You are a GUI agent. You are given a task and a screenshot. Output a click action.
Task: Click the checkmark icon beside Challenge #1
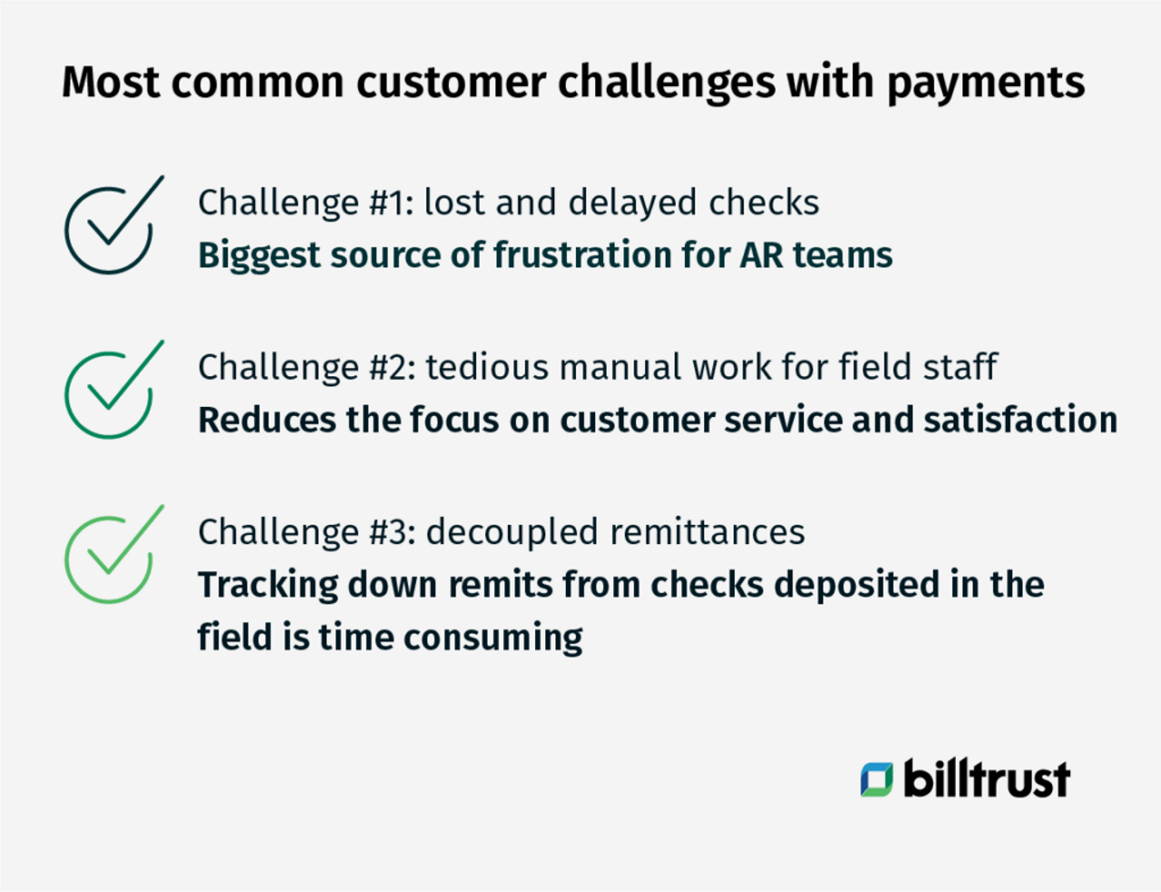[111, 227]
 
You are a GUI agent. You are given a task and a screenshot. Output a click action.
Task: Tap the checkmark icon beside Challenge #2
[111, 392]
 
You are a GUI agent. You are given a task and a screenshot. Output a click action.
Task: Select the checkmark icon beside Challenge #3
[111, 557]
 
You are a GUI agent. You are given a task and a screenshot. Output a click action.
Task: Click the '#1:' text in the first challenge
[391, 203]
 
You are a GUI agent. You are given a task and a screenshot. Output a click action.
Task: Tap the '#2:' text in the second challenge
[393, 368]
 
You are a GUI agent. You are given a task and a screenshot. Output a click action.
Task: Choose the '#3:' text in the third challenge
[393, 532]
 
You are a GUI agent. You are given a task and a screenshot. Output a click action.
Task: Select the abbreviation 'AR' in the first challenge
[763, 256]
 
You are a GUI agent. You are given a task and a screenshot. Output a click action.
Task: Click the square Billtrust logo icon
[876, 780]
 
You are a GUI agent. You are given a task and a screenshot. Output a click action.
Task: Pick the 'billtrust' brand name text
[986, 780]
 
